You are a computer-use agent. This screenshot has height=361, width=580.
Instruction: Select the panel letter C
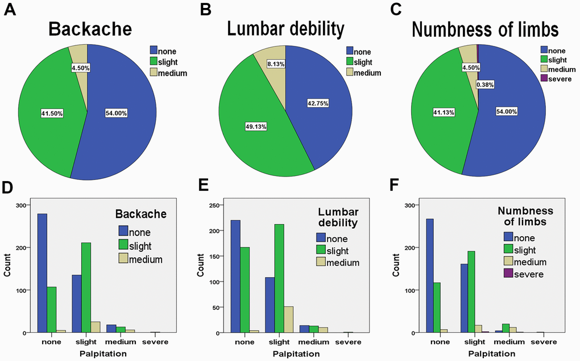click(x=397, y=10)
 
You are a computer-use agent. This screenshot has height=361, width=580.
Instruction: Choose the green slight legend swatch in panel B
click(x=350, y=61)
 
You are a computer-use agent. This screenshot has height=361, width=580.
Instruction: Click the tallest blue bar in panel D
click(x=42, y=273)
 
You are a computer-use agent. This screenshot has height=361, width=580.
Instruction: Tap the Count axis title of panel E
click(x=200, y=268)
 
